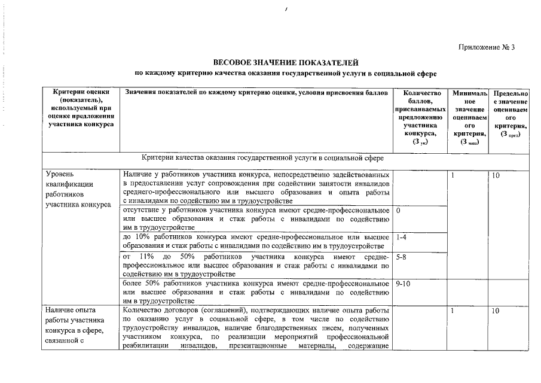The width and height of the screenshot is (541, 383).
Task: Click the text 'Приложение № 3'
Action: [487, 47]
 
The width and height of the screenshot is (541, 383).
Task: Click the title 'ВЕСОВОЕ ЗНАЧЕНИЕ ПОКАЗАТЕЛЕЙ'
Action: [285, 62]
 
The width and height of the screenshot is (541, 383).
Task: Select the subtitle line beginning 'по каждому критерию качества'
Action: [285, 73]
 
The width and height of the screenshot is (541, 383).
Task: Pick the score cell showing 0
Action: [398, 211]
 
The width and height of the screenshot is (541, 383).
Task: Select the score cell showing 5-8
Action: [401, 257]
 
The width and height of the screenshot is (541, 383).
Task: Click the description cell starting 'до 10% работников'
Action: [256, 242]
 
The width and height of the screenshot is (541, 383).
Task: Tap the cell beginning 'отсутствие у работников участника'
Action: [256, 219]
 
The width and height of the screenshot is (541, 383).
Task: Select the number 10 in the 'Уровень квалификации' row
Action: [496, 175]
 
